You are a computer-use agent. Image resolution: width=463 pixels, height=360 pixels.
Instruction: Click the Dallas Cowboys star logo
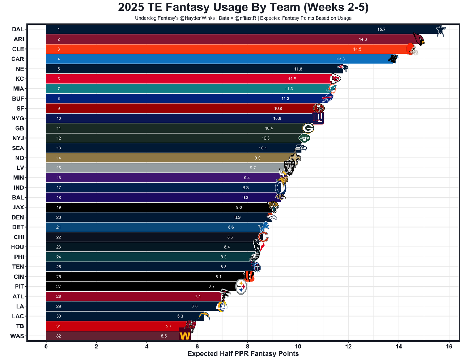440,31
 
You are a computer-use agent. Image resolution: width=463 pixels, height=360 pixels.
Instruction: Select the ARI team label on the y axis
18,39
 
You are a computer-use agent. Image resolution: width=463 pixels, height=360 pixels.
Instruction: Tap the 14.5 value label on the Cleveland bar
357,49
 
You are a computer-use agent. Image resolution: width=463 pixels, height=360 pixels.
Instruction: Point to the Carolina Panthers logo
392,59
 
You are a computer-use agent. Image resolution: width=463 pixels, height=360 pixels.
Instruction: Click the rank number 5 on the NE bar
59,69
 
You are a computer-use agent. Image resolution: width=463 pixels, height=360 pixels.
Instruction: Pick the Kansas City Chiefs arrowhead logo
335,79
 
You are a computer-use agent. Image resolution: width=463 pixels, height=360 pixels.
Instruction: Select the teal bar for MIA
181,89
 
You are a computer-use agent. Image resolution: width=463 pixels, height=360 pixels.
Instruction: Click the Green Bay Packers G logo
308,128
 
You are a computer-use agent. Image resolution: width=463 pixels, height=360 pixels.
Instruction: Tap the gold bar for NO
163,158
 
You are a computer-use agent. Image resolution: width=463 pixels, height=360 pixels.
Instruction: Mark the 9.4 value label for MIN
246,178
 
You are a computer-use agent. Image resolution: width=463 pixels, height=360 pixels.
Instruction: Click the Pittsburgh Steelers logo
241,287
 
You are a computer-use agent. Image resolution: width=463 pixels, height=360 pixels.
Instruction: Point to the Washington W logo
185,335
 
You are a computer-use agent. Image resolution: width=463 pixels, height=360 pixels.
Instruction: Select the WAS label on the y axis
17,336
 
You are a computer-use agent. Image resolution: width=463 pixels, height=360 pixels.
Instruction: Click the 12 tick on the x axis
348,346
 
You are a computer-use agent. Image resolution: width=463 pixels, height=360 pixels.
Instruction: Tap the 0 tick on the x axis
46,346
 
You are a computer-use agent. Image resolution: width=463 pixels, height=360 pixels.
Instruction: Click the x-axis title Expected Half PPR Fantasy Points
243,354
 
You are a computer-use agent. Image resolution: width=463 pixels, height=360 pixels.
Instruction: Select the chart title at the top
243,8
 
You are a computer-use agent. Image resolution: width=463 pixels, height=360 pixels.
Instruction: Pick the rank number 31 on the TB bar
59,326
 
